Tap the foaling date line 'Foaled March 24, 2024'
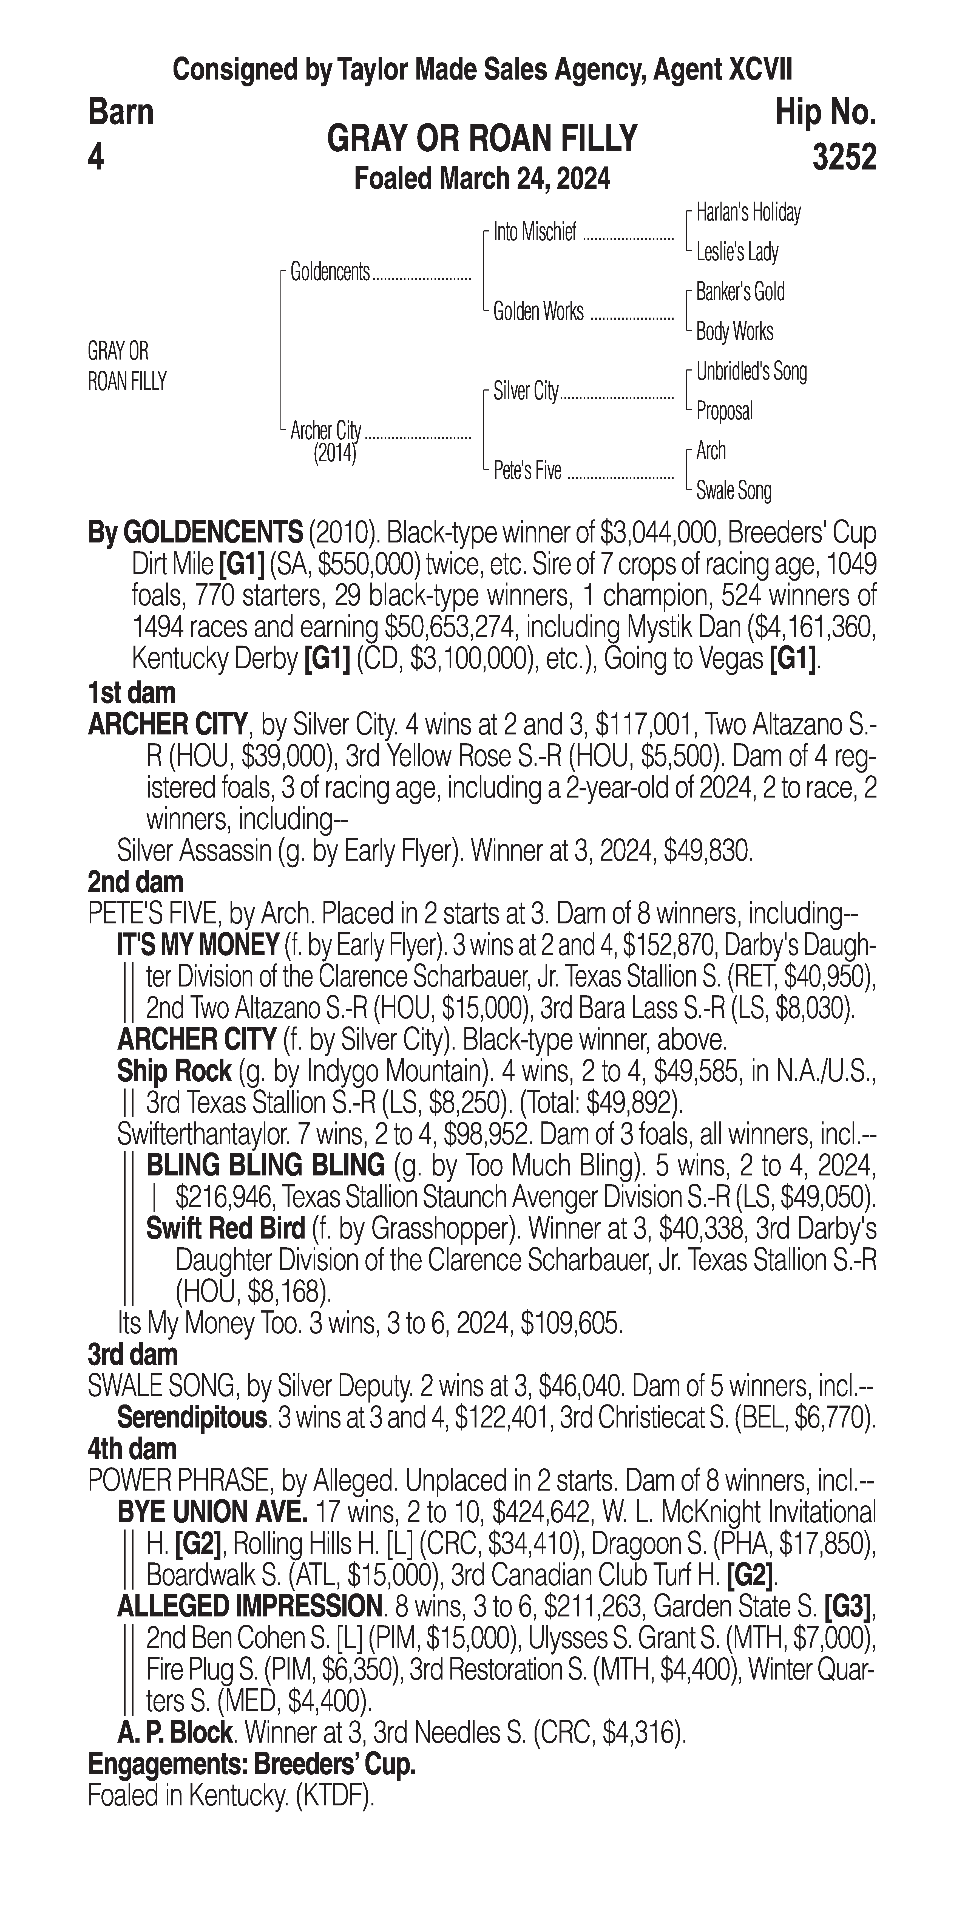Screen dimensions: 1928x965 [482, 179]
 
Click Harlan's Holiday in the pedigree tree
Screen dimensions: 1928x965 [748, 213]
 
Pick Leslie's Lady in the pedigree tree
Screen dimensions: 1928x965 [737, 252]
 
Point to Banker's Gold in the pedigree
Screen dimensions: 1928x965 [740, 292]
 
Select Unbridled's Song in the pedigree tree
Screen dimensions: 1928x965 [751, 371]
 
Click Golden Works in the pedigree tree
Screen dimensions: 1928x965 [538, 311]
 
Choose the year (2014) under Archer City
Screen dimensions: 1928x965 [334, 454]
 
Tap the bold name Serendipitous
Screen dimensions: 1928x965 [192, 1417]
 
